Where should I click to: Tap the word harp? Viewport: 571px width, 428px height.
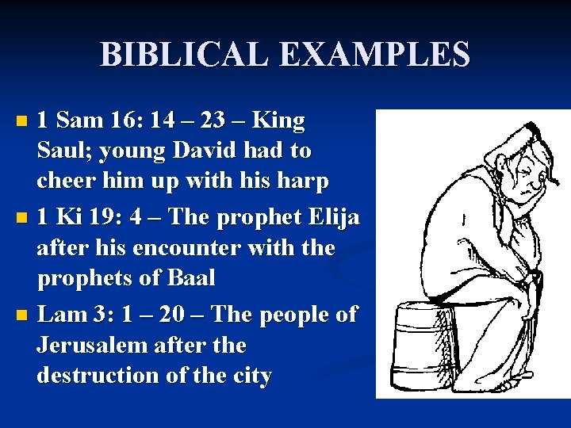(x=302, y=182)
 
